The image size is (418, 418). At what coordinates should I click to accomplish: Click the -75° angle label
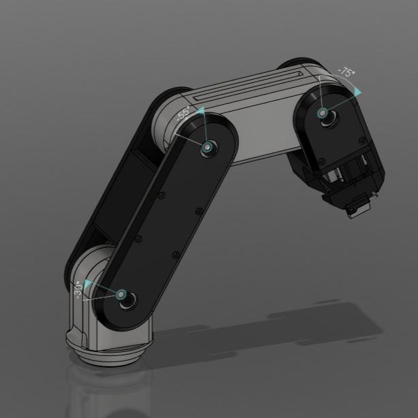pos(347,72)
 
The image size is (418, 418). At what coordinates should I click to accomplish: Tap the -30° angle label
pos(79,291)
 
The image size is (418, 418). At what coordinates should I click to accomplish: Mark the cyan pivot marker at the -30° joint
pos(121,295)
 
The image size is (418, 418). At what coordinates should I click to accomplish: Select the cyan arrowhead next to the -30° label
pos(87,282)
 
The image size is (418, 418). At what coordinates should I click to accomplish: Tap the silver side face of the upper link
pos(266,136)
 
